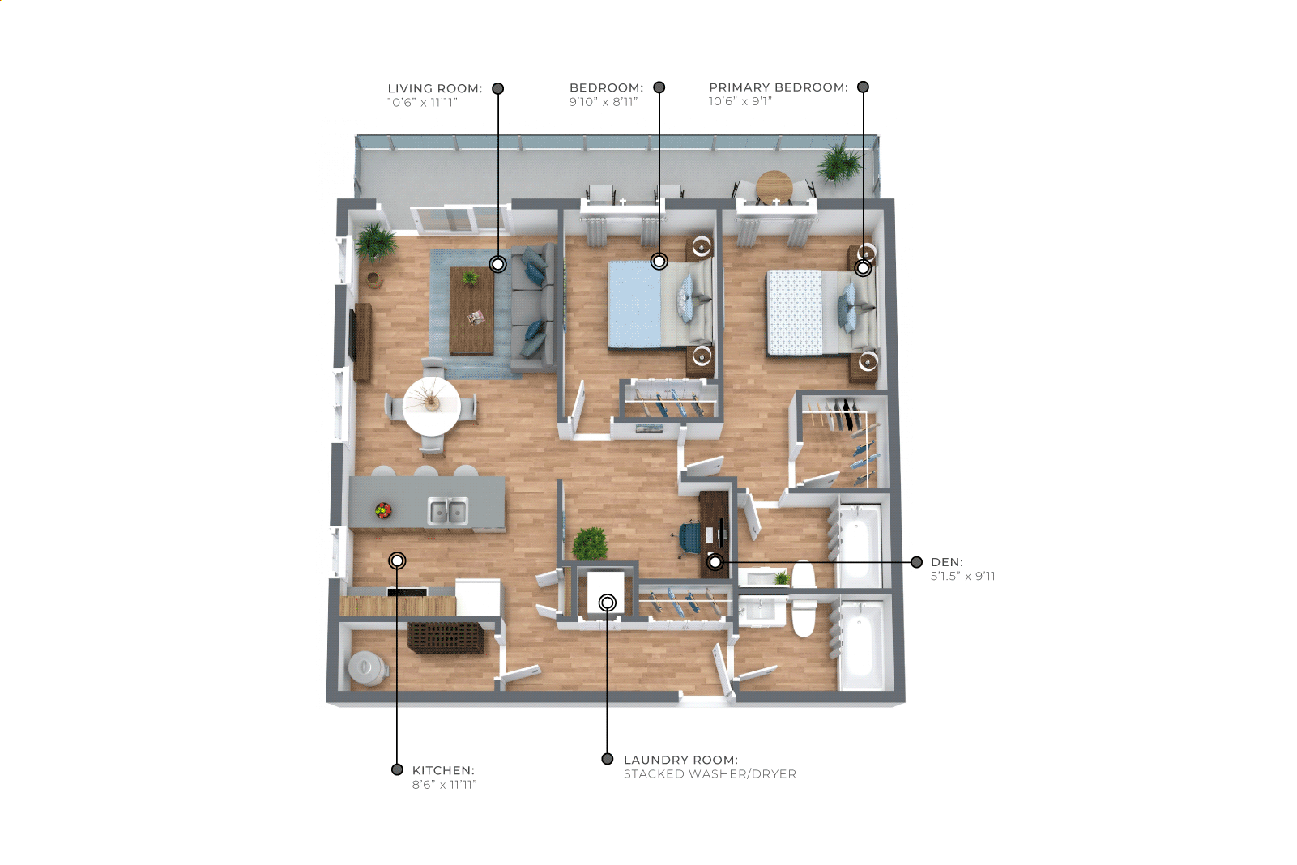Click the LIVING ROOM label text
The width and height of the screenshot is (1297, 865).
coord(435,88)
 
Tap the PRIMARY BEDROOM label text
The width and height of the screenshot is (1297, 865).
coord(779,87)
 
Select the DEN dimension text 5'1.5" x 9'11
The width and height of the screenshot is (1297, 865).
coord(963,576)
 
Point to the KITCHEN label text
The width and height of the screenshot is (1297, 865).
coord(443,770)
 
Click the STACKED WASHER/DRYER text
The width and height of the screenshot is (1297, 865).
coord(710,774)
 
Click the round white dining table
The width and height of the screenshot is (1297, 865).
coord(431,407)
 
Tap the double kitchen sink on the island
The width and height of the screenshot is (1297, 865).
coord(447,511)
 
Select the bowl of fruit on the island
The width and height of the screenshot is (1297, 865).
coord(383,510)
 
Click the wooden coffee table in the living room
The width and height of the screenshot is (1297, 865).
coord(472,310)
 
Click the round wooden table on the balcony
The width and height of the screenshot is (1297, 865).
coord(774,185)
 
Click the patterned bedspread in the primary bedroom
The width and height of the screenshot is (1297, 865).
coord(795,313)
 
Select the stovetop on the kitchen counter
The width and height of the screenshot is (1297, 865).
coord(407,592)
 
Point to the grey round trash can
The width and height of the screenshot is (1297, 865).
coord(367,669)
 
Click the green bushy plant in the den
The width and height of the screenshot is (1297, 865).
coord(590,543)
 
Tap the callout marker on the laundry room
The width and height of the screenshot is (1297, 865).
coord(608,603)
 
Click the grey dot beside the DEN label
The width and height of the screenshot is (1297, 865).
coord(916,562)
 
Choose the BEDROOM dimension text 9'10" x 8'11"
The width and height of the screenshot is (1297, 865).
coord(604,102)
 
